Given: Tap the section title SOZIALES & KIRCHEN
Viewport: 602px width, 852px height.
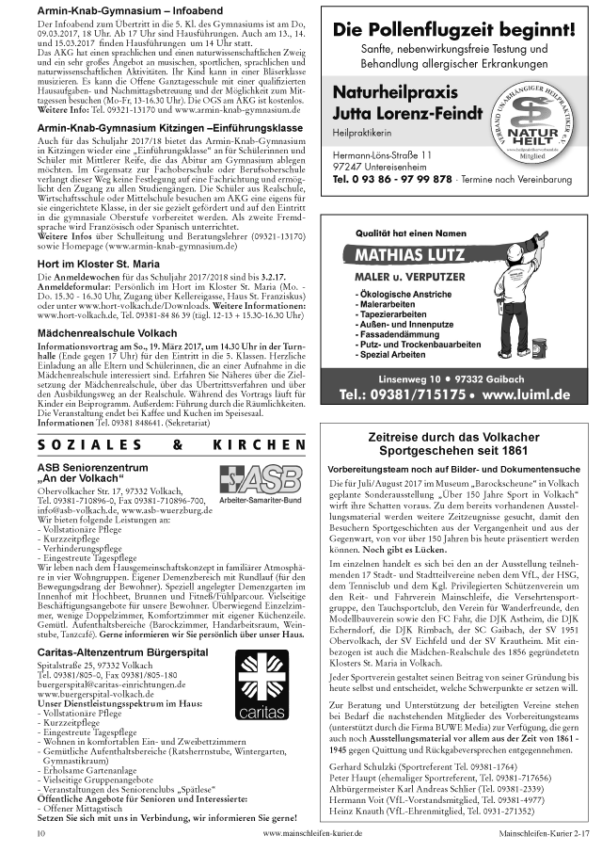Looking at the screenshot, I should (171, 443).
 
